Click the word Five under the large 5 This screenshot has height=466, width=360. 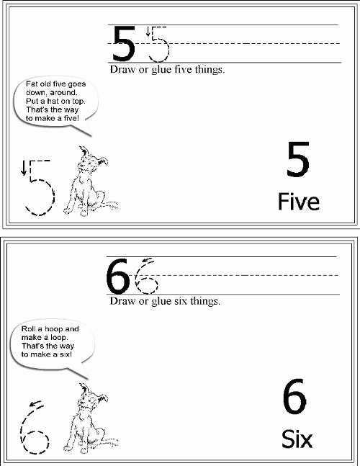[x=299, y=202]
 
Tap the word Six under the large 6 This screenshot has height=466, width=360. [x=297, y=439]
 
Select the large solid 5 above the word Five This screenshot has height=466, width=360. [x=298, y=159]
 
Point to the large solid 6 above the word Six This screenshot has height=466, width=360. [x=294, y=396]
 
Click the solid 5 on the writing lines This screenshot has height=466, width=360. [x=123, y=43]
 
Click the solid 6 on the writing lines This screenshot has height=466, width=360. [x=118, y=276]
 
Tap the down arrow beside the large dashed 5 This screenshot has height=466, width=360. [x=24, y=168]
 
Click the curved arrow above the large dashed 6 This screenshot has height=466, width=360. [x=36, y=403]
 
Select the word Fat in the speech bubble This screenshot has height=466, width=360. [x=31, y=84]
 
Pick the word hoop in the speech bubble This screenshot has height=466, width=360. [x=53, y=329]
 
